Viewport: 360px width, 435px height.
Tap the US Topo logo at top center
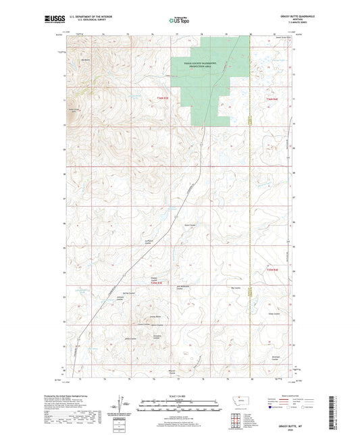(180, 20)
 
